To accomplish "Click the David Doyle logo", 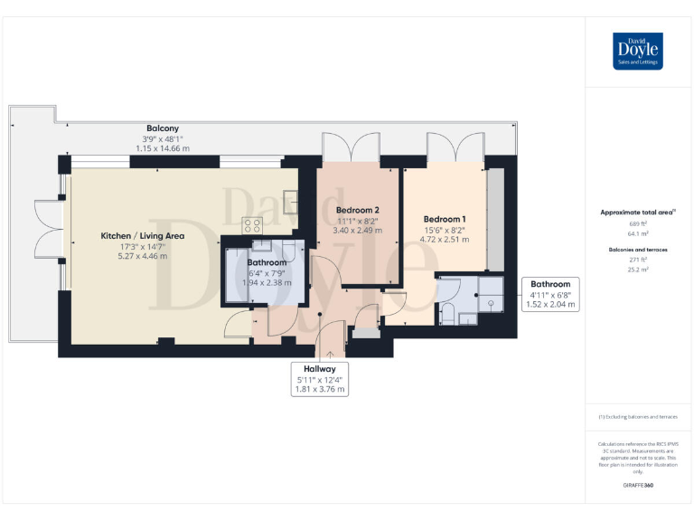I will (639, 51).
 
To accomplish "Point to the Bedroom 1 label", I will (445, 219).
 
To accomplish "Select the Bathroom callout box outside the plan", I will (549, 294).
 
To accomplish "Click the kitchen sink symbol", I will (290, 199).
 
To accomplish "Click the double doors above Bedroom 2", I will (352, 146).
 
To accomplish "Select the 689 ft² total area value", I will (638, 223).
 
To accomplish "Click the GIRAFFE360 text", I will (638, 486).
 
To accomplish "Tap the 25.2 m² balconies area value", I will (638, 269).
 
